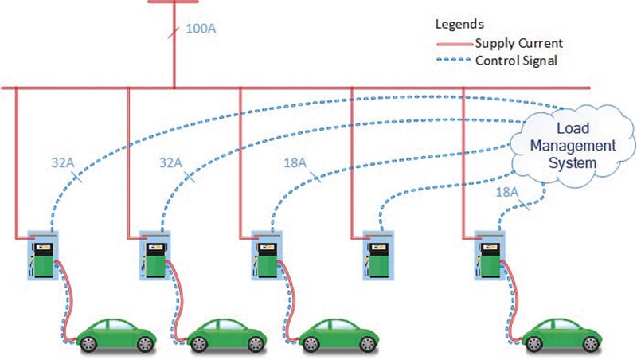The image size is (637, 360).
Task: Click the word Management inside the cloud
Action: (x=562, y=146)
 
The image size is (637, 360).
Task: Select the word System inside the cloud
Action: (x=563, y=162)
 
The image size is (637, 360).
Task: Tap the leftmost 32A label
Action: (x=59, y=162)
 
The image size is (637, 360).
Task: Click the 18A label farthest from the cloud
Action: (x=294, y=162)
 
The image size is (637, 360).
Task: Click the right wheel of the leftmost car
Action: (x=143, y=344)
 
